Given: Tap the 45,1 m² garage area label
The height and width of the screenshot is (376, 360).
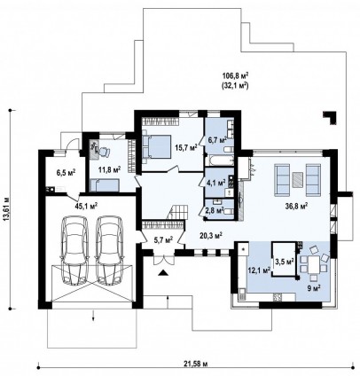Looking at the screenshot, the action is pyautogui.click(x=86, y=206).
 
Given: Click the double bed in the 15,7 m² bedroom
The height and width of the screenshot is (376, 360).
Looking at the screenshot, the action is pyautogui.click(x=157, y=146).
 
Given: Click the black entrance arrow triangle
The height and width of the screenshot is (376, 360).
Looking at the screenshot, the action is pyautogui.click(x=162, y=273).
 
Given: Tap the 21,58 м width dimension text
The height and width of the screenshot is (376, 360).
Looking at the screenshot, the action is pyautogui.click(x=198, y=364).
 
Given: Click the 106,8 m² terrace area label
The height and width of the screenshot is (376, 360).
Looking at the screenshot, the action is pyautogui.click(x=235, y=76).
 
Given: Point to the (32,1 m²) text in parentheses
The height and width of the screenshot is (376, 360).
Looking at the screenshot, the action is pyautogui.click(x=235, y=86).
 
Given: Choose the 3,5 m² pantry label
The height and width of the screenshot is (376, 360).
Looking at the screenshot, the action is pyautogui.click(x=285, y=261).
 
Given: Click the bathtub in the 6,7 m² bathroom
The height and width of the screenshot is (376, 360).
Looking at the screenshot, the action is pyautogui.click(x=221, y=160).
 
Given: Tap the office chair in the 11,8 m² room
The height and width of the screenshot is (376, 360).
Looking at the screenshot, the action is pyautogui.click(x=104, y=151).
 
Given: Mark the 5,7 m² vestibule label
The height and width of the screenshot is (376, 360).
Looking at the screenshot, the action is pyautogui.click(x=163, y=240).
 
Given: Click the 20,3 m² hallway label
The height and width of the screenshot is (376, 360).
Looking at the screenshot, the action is pyautogui.click(x=211, y=235).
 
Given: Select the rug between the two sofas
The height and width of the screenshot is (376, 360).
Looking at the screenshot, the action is pyautogui.click(x=298, y=180).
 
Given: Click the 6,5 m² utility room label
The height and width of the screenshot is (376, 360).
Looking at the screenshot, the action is pyautogui.click(x=66, y=172).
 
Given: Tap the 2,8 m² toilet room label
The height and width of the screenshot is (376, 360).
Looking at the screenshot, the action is pyautogui.click(x=216, y=210).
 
